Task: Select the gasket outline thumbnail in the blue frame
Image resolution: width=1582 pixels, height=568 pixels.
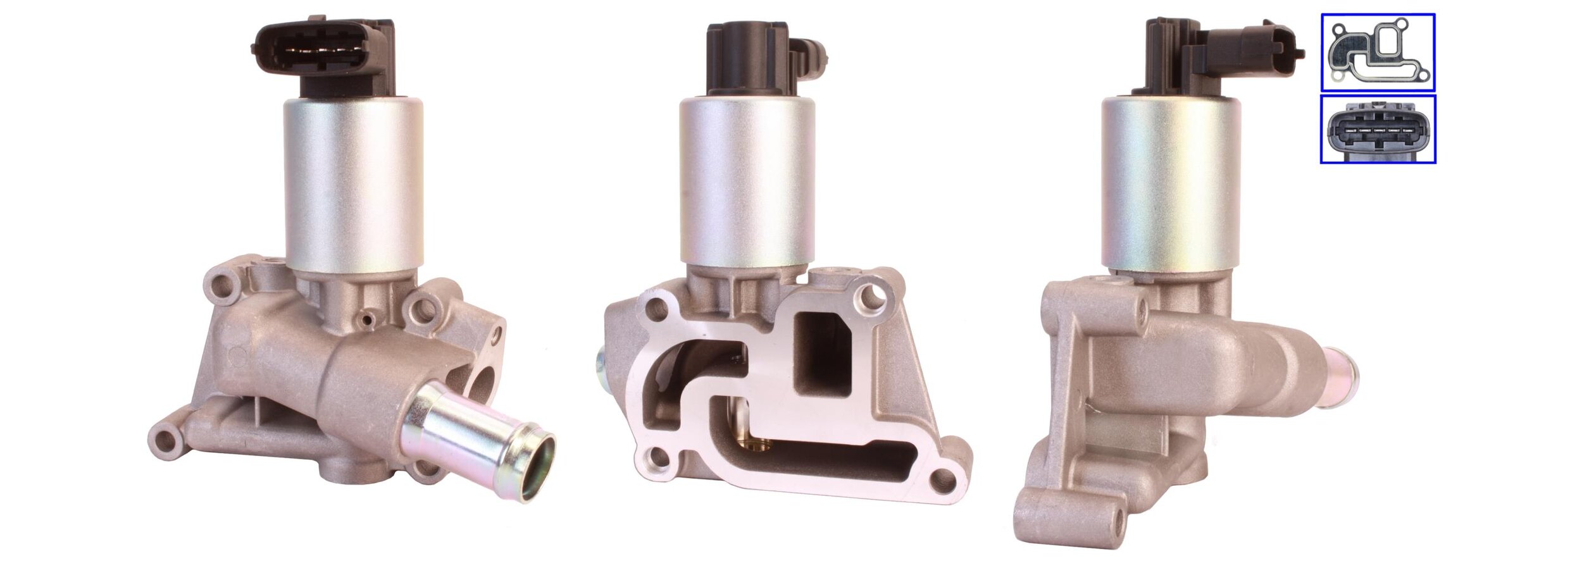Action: point(1378,52)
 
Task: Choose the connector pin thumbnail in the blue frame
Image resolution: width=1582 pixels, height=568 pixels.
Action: point(1378,129)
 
